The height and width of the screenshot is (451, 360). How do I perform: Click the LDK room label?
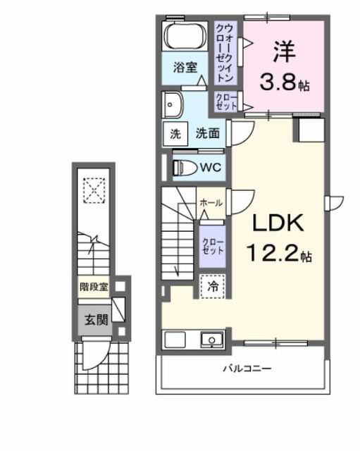pos(278,224)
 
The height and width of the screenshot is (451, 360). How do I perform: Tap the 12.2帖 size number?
pos(278,251)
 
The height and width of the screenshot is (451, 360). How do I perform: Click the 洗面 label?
pos(206,133)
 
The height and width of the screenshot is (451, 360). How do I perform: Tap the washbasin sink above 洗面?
pos(173,105)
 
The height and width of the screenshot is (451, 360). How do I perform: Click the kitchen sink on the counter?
pos(211,340)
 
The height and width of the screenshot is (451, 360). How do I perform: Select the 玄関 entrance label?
pos(97,319)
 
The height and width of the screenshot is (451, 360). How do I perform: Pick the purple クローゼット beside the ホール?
pos(213,247)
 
